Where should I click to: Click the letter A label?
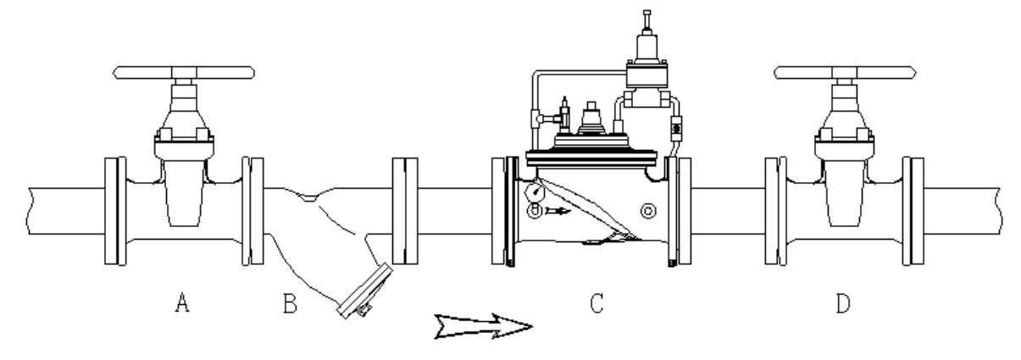click(182, 302)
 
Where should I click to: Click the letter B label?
click(290, 303)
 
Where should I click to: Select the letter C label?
click(597, 303)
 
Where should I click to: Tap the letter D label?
click(843, 303)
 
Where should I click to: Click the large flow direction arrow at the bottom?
click(483, 326)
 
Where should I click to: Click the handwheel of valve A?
click(184, 73)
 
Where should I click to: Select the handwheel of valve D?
click(845, 73)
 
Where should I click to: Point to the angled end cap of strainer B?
click(365, 291)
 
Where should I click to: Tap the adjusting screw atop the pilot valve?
click(646, 20)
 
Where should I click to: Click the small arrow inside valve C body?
click(558, 211)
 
